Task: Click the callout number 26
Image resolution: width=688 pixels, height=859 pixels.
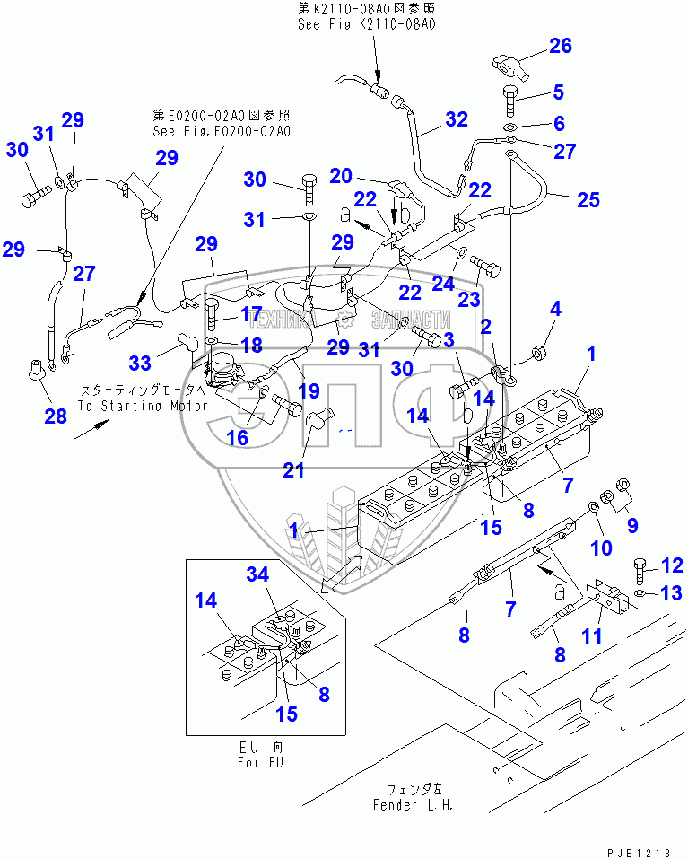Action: (x=560, y=46)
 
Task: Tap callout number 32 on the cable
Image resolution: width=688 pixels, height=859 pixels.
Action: (x=456, y=118)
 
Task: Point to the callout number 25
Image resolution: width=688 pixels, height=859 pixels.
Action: (x=587, y=199)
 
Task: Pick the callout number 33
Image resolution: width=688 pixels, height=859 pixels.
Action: (x=140, y=363)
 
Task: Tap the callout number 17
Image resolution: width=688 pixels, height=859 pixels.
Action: (x=250, y=315)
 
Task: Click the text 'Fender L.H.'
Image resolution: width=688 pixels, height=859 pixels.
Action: (x=413, y=804)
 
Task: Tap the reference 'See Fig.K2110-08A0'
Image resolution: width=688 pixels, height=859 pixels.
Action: (x=366, y=24)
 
